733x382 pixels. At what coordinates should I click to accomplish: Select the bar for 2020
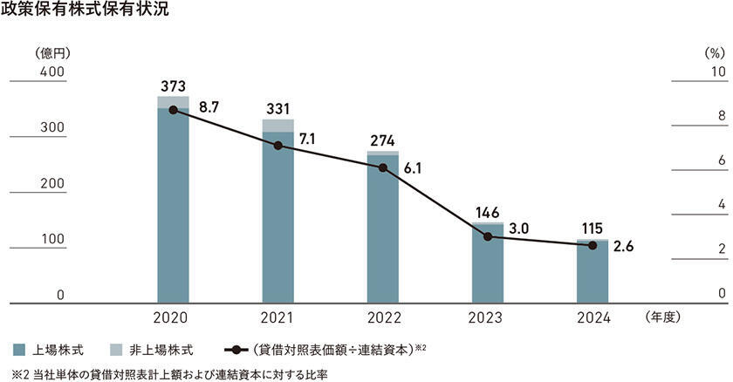173,205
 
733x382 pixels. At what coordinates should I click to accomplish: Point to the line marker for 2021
278,146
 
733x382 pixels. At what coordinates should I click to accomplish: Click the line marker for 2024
593,246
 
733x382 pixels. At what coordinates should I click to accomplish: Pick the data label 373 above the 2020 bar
173,85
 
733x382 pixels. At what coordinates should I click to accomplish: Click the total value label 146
487,211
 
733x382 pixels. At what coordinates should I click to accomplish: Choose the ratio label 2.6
623,247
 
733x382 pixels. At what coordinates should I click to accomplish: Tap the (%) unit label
715,52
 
